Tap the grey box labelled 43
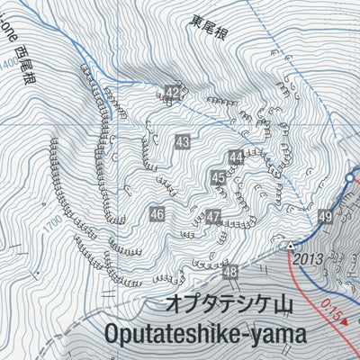click(183, 141)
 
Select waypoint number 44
click(236, 157)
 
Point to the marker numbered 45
click(219, 178)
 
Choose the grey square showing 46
click(157, 214)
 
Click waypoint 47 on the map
click(213, 217)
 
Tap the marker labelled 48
click(230, 272)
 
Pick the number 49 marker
click(325, 217)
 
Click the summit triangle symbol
click(291, 245)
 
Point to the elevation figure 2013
click(309, 259)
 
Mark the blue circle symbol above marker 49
click(350, 185)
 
